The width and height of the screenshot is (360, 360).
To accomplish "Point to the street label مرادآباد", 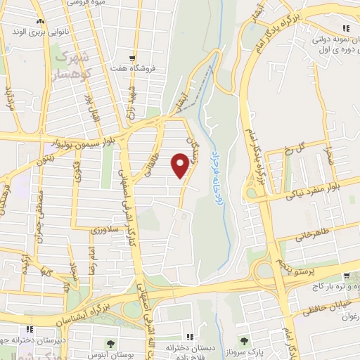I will point(8,101).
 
